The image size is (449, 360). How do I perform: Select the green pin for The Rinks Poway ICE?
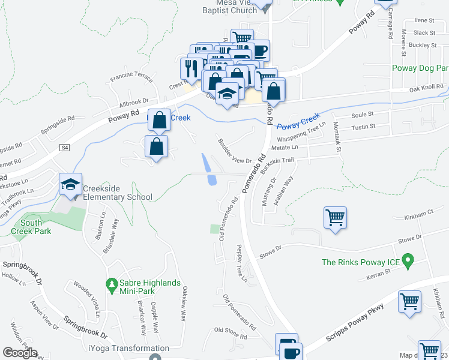click(x=408, y=262)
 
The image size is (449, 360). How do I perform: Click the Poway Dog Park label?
click(x=420, y=68)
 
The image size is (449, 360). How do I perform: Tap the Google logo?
click(x=20, y=353)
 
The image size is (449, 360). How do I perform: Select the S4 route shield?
click(x=65, y=147)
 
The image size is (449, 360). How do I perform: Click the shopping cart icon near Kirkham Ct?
click(x=335, y=217)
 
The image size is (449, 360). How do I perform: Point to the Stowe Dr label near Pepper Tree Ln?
click(x=270, y=251)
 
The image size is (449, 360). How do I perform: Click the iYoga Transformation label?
click(x=128, y=348)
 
